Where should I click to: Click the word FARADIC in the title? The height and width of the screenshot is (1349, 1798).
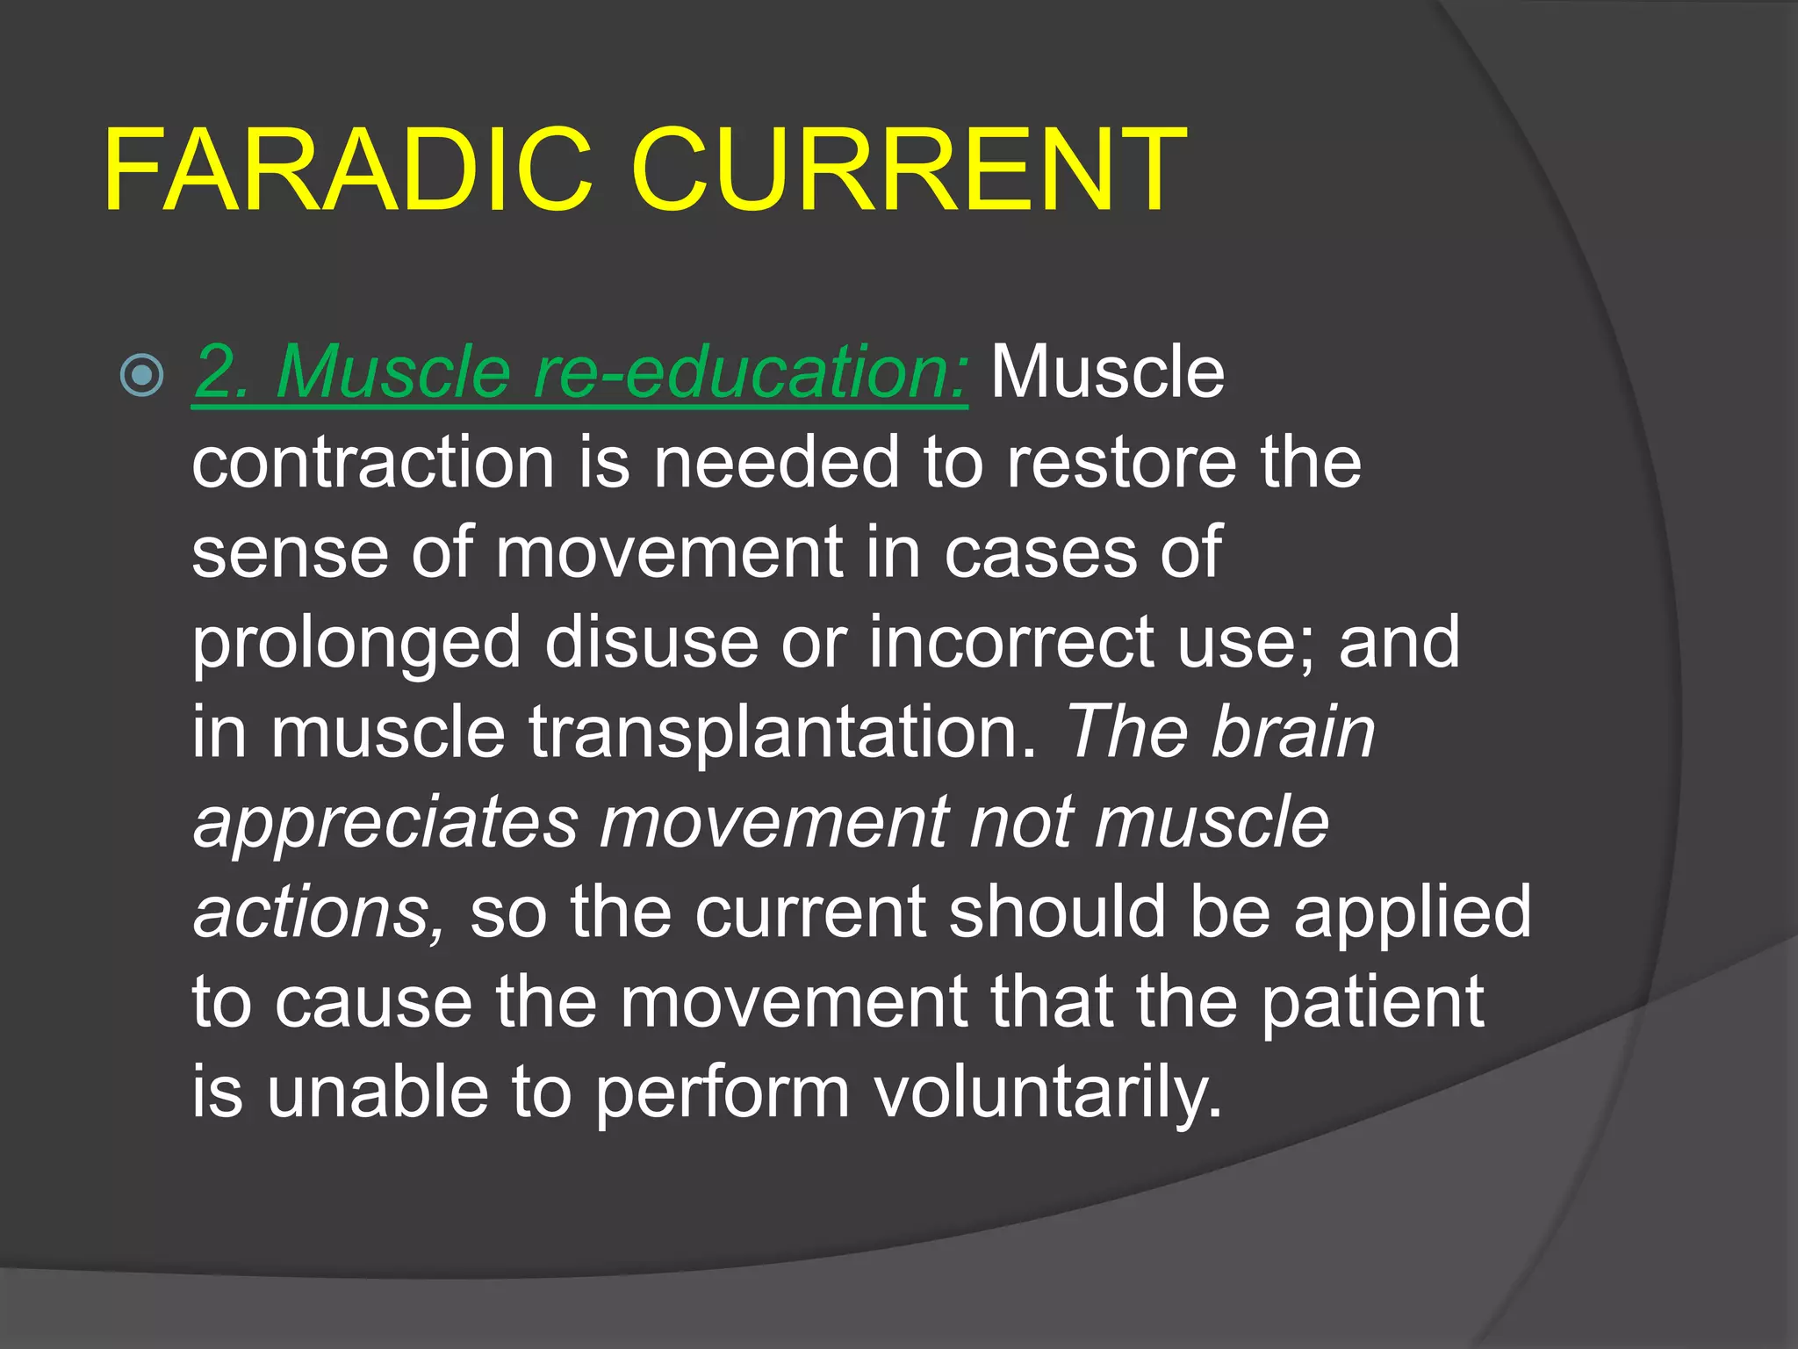347,170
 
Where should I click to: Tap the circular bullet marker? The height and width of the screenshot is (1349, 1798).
141,375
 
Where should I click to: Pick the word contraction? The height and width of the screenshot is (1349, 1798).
373,463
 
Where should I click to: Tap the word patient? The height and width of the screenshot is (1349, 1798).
1372,1004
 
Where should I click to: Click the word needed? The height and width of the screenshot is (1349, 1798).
776,463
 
